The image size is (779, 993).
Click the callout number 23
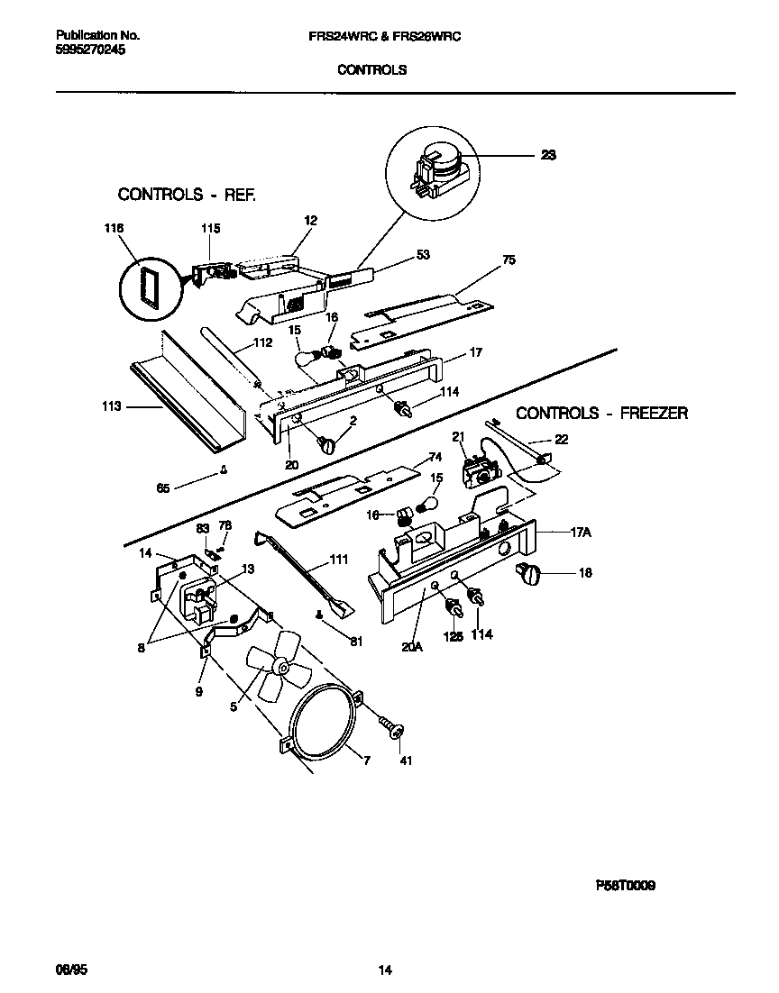click(x=548, y=155)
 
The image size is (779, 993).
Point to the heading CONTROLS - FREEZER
click(x=601, y=414)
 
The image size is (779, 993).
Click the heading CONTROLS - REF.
click(x=188, y=194)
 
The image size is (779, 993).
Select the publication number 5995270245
click(x=90, y=50)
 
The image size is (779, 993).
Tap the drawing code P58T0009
click(x=625, y=886)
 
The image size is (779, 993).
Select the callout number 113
click(x=112, y=407)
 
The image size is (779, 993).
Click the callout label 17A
click(x=582, y=533)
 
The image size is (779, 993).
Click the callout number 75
click(x=509, y=260)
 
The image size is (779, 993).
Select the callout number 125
click(x=453, y=634)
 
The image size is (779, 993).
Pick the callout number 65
click(x=163, y=487)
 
